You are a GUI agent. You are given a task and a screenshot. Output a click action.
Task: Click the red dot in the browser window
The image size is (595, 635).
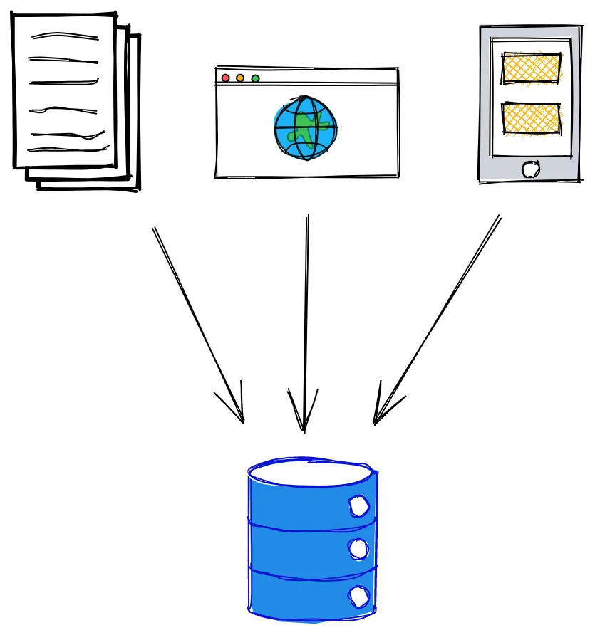(226, 78)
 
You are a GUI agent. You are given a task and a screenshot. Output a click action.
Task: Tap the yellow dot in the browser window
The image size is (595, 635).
(240, 78)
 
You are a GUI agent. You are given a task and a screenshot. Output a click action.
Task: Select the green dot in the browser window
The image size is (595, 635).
(255, 78)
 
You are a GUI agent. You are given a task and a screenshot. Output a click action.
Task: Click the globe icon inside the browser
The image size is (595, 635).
(306, 128)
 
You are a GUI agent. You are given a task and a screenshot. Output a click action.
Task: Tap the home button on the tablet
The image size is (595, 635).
(531, 169)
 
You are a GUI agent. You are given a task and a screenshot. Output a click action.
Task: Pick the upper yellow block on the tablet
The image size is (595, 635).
(531, 68)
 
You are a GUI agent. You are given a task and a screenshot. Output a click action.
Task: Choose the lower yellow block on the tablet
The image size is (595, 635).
(531, 119)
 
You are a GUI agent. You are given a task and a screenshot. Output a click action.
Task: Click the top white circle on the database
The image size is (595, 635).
(358, 507)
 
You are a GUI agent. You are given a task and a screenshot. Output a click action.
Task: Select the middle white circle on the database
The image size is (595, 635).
(358, 549)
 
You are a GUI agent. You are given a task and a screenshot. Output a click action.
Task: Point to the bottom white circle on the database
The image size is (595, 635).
(358, 595)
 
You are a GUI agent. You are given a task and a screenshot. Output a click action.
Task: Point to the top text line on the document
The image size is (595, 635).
(65, 36)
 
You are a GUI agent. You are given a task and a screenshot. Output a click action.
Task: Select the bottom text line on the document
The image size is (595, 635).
(68, 149)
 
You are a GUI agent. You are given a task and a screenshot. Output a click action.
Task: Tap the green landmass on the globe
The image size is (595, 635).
(306, 127)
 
